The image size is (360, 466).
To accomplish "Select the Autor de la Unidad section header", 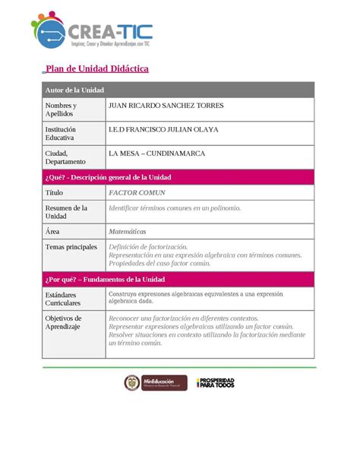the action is pyautogui.click(x=74, y=90).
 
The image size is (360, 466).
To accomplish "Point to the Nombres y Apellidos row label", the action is pyautogui.click(x=62, y=110).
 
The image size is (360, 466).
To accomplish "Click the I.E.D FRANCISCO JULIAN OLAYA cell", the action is pyautogui.click(x=163, y=130).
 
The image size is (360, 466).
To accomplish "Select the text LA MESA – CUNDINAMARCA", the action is pyautogui.click(x=157, y=154).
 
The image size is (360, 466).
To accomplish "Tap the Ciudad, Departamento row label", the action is pyautogui.click(x=67, y=158).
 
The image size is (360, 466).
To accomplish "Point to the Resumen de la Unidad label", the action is pyautogui.click(x=66, y=212).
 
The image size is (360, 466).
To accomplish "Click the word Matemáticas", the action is pyautogui.click(x=128, y=231).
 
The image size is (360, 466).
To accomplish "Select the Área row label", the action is pyautogui.click(x=52, y=231).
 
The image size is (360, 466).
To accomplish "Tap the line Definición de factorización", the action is pyautogui.click(x=148, y=247).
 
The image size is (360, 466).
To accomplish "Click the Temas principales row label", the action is pyautogui.click(x=71, y=247).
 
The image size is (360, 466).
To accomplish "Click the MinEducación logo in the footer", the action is pyautogui.click(x=150, y=384).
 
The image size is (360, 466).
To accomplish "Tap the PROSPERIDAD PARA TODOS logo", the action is pyautogui.click(x=216, y=384).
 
